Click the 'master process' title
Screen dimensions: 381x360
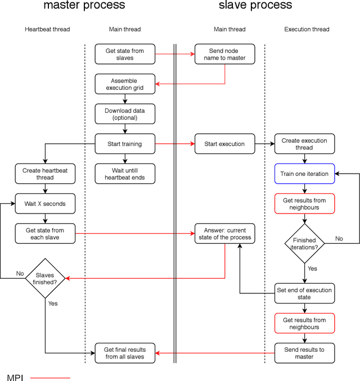coord(84,6)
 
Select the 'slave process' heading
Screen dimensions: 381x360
coord(256,6)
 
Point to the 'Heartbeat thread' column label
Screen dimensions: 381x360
coord(47,29)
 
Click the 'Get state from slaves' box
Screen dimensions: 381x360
coord(124,55)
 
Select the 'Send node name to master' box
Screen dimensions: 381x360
coord(224,55)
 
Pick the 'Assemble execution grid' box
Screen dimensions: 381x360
coord(124,84)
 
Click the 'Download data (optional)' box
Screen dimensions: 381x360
coord(124,114)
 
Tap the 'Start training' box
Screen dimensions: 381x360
coord(124,144)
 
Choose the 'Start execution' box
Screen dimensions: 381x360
coord(224,144)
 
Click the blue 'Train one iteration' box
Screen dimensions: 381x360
coord(305,174)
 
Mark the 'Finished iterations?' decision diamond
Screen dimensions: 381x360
coord(305,243)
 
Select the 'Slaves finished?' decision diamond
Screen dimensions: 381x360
coord(45,278)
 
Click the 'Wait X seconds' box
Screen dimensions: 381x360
coord(45,203)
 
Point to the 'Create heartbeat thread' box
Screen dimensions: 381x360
coord(45,174)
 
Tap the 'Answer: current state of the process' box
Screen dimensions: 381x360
coord(224,233)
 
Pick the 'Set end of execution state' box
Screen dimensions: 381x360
coord(305,293)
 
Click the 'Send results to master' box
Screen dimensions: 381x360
coord(305,353)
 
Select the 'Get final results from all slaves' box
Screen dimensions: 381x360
coord(124,353)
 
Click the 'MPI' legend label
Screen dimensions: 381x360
coord(15,377)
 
